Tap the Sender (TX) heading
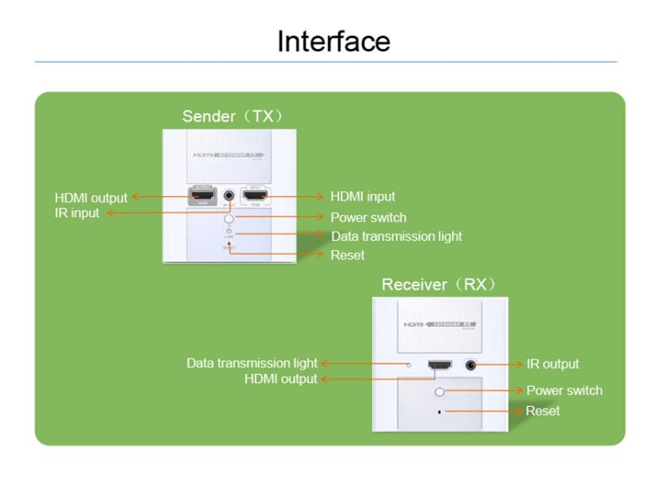point(232,115)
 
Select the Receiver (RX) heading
point(438,284)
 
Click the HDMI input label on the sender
point(363,197)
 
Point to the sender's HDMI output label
point(91,198)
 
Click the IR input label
point(78,213)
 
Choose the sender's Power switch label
point(368,217)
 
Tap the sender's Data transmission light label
point(396,236)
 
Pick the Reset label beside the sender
point(347,254)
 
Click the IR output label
point(552,364)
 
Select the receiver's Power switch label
point(564,390)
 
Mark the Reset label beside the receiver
point(543,410)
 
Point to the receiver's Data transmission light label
point(252,363)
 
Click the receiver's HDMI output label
point(281,379)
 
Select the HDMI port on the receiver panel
point(439,366)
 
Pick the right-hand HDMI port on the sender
point(255,197)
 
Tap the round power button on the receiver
point(439,392)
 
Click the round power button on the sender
point(228,218)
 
